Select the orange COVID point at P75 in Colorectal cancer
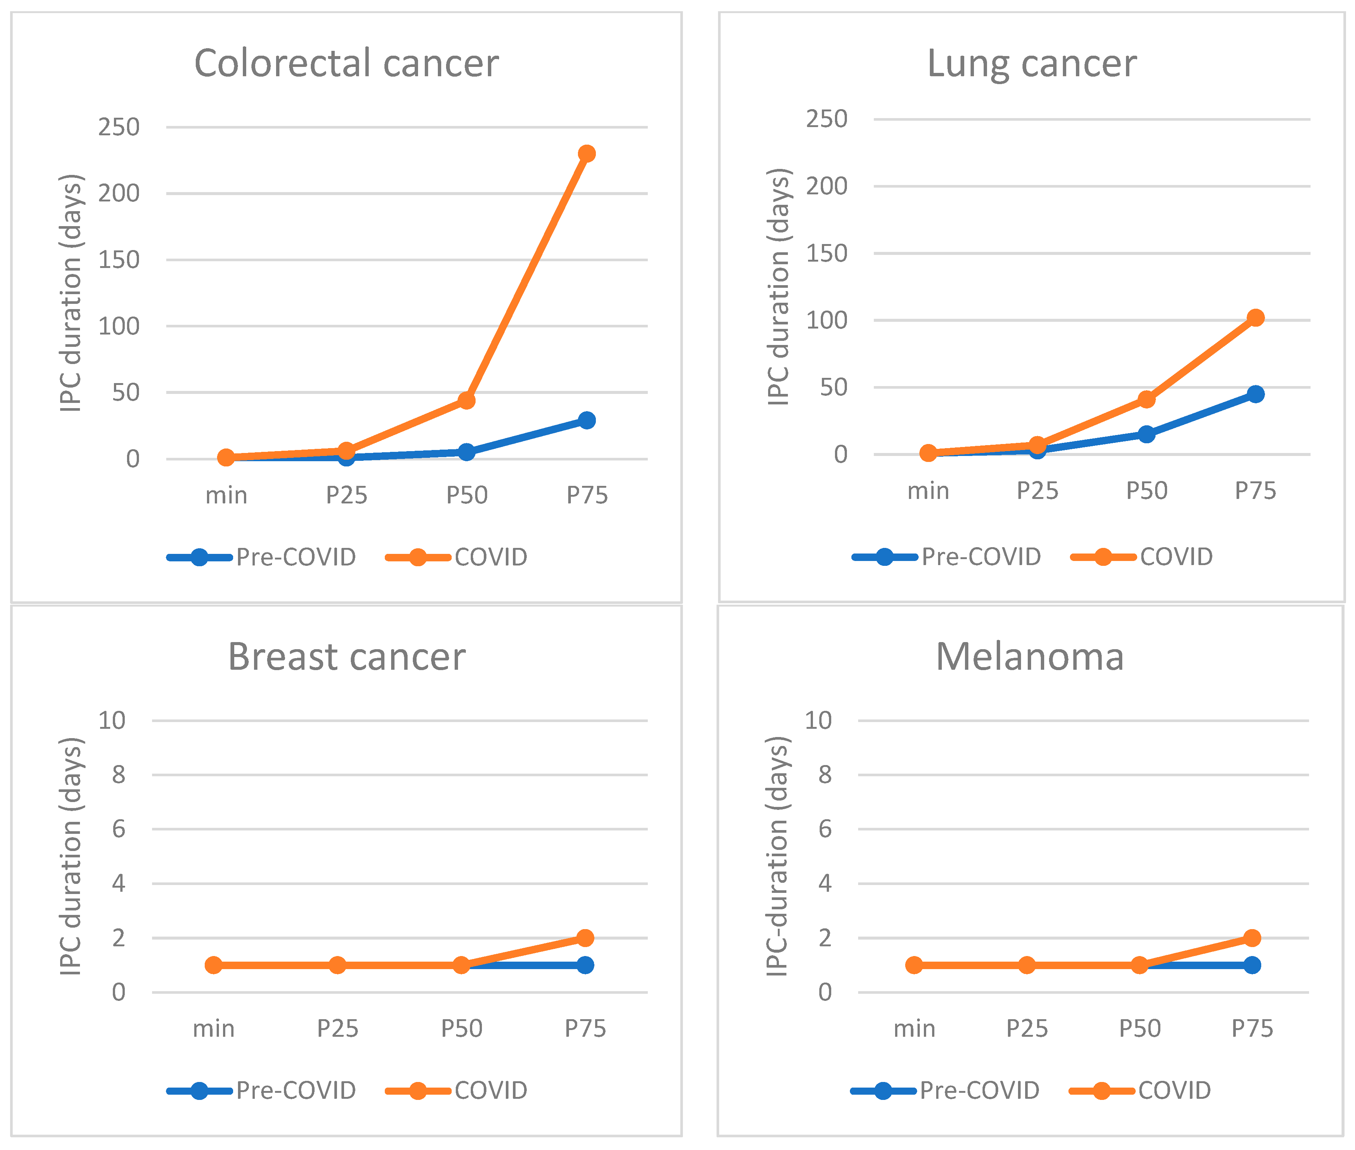pos(587,154)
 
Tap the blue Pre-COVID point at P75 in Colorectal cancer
pos(587,420)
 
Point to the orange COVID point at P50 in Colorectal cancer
pos(466,400)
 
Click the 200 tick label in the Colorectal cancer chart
pos(119,194)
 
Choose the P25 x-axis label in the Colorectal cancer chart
pos(346,496)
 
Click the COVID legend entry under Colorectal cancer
pos(456,557)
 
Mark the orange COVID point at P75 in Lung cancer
pos(1255,318)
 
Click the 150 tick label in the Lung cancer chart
pos(826,254)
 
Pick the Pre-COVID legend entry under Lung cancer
pos(947,557)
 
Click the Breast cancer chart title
pos(346,657)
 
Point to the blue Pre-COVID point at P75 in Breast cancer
pos(585,965)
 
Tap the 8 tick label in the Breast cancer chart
pos(118,775)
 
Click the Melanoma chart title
pos(1030,657)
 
